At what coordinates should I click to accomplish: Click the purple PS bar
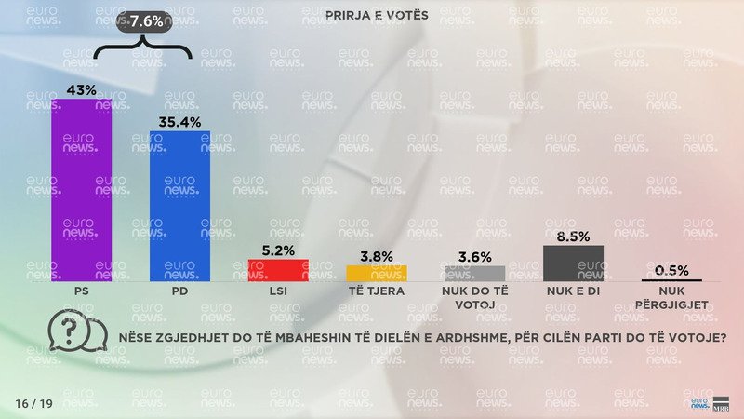tap(81, 190)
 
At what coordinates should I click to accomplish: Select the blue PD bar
tap(180, 206)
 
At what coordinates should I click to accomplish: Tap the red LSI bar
tap(278, 270)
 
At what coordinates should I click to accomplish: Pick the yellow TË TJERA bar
tap(377, 273)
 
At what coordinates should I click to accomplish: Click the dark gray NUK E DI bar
tap(573, 263)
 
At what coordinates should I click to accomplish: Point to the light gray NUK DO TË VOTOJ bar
tap(474, 274)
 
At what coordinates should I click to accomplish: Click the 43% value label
tap(81, 88)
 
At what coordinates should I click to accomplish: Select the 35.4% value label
tap(180, 120)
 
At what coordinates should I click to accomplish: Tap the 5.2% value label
tap(278, 250)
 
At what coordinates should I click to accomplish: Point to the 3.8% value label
tap(377, 256)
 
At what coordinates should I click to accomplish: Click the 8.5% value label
tap(573, 236)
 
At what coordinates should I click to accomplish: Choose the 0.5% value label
tap(671, 270)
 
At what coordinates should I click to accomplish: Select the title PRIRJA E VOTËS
tap(371, 16)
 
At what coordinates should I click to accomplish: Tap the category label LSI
tap(278, 291)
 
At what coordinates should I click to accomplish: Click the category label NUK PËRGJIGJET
tap(671, 298)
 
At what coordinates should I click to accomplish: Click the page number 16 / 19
tap(34, 403)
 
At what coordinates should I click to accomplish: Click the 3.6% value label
tap(474, 256)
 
